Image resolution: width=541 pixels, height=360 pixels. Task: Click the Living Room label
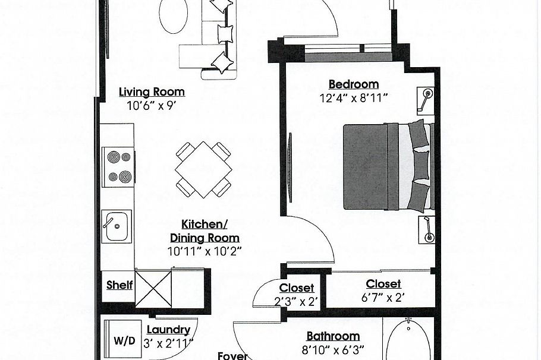[152, 91]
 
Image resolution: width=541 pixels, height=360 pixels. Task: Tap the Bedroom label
[354, 84]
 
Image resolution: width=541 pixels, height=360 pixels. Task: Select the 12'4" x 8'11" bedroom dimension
[354, 98]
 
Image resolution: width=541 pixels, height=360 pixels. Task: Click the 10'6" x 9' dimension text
[152, 106]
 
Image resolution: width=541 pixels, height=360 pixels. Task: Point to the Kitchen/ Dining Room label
[205, 231]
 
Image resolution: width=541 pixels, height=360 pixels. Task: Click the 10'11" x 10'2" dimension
[205, 251]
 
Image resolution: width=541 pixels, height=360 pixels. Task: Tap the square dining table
[203, 170]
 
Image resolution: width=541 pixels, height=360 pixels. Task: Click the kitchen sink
[117, 226]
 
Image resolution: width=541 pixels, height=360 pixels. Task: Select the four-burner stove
[118, 168]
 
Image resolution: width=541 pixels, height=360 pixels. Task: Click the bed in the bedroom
[388, 166]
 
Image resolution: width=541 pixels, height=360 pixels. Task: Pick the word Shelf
[119, 285]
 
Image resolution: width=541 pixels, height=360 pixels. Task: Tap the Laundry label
[168, 330]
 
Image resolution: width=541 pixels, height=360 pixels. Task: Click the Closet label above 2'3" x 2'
[297, 288]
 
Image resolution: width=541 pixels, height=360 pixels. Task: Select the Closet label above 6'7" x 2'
[383, 284]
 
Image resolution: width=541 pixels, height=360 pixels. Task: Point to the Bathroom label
[333, 336]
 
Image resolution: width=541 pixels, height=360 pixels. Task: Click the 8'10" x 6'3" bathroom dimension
[333, 350]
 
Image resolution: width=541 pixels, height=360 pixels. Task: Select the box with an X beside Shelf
[153, 289]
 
